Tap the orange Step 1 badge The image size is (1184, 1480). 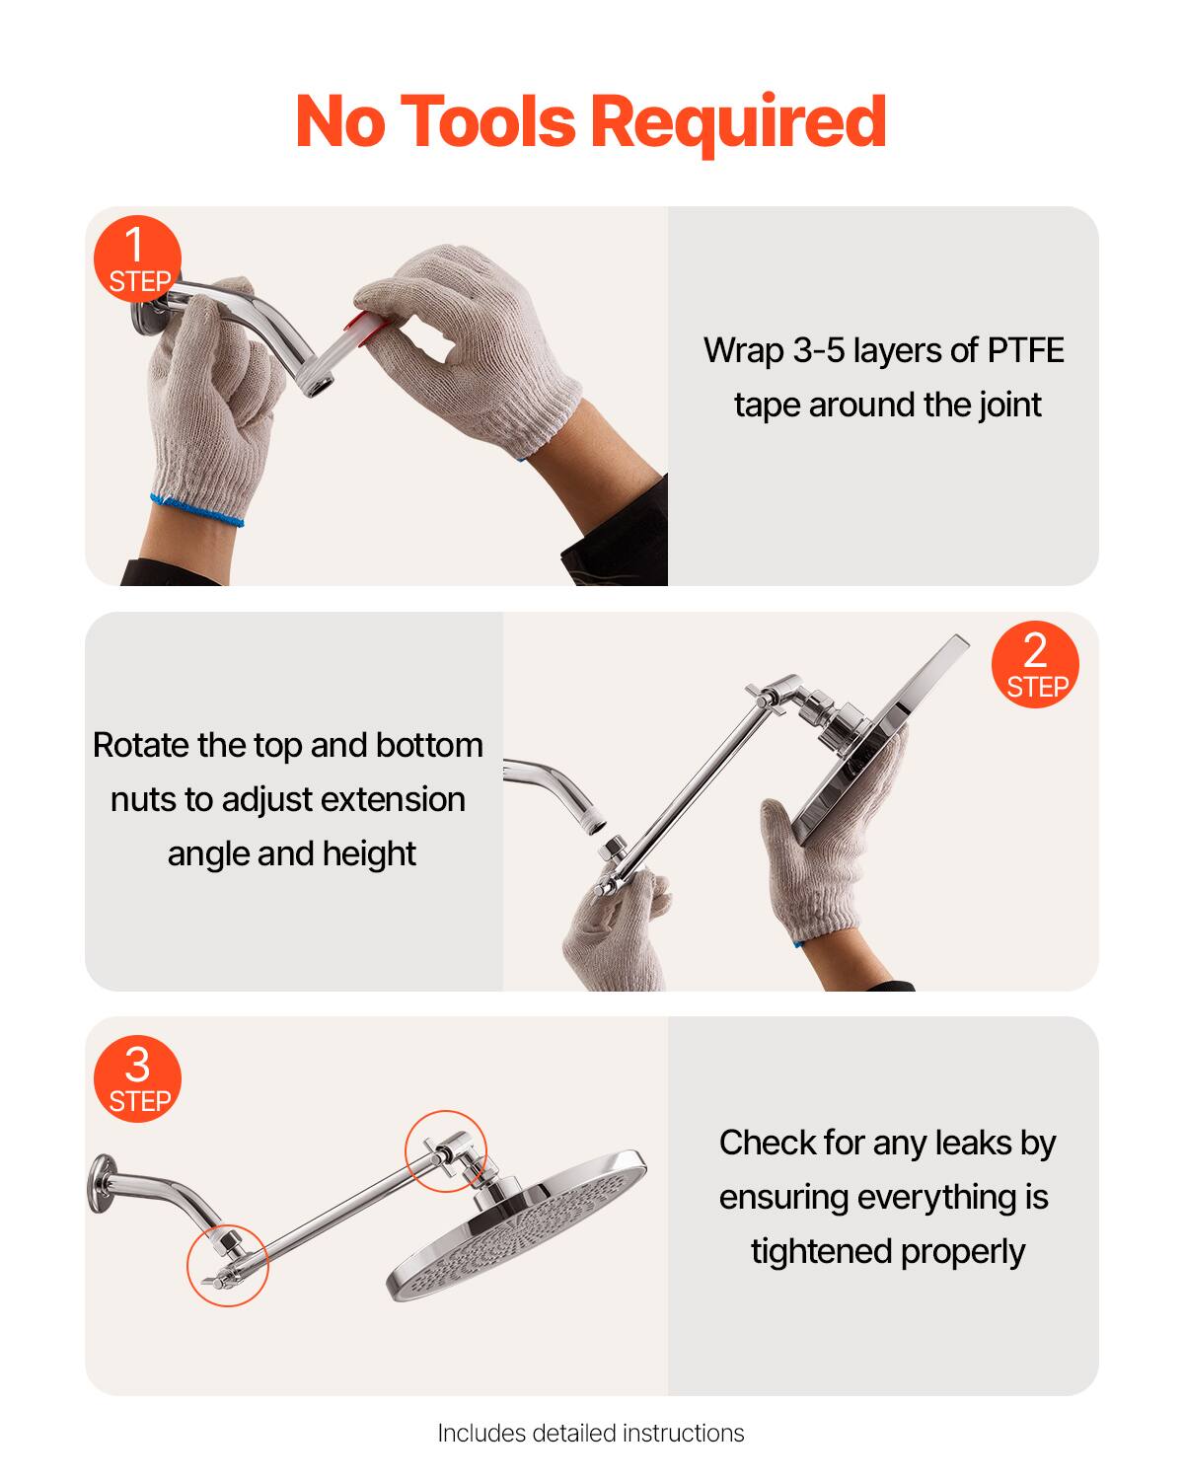tap(137, 259)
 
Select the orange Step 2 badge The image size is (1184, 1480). tap(1035, 665)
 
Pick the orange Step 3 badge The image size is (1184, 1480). tap(137, 1078)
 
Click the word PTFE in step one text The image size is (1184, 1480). tap(1025, 350)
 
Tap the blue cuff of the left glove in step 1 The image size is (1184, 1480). tap(197, 509)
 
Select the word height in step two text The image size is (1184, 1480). tap(368, 853)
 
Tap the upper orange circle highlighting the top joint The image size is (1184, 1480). tap(446, 1150)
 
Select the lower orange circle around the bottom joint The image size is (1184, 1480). tap(228, 1266)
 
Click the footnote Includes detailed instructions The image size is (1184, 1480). tap(591, 1433)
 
